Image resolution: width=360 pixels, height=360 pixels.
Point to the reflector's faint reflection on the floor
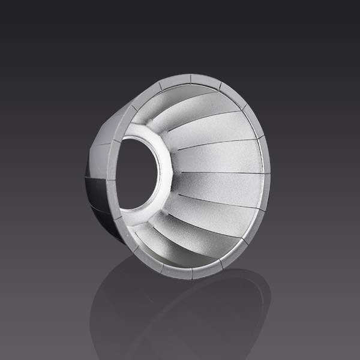(x=180, y=312)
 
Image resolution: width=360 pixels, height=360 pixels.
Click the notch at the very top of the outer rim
(x=191, y=77)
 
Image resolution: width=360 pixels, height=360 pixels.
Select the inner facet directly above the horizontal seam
(x=222, y=157)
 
